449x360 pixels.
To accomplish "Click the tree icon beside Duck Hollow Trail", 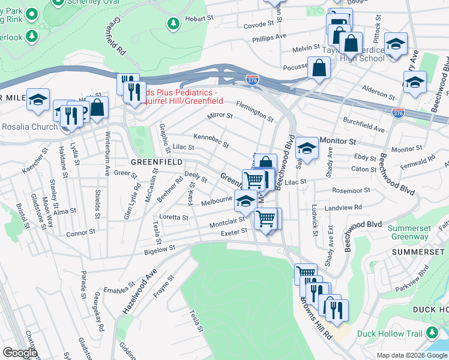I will pyautogui.click(x=432, y=334).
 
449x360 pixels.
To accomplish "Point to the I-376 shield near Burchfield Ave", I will pyautogui.click(x=398, y=112).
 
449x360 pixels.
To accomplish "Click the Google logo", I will pyautogui.click(x=20, y=353).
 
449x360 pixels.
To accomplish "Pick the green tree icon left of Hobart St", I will pyautogui.click(x=173, y=23).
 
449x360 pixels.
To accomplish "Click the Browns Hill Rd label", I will pyautogui.click(x=316, y=318).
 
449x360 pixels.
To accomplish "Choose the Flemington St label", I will pyautogui.click(x=254, y=109).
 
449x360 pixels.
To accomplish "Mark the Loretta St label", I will pyautogui.click(x=173, y=217).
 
